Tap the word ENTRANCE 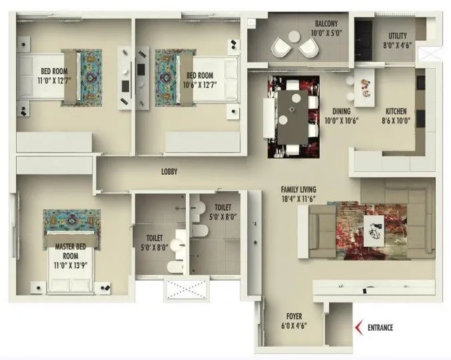pyautogui.click(x=379, y=327)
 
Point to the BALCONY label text pyautogui.click(x=327, y=25)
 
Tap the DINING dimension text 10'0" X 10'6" pyautogui.click(x=341, y=121)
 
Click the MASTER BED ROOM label pyautogui.click(x=71, y=251)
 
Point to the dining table pyautogui.click(x=292, y=117)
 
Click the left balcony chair pyautogui.click(x=282, y=47)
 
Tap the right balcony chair pyautogui.click(x=308, y=47)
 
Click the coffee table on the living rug pyautogui.click(x=374, y=228)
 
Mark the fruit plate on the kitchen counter pyautogui.click(x=364, y=86)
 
